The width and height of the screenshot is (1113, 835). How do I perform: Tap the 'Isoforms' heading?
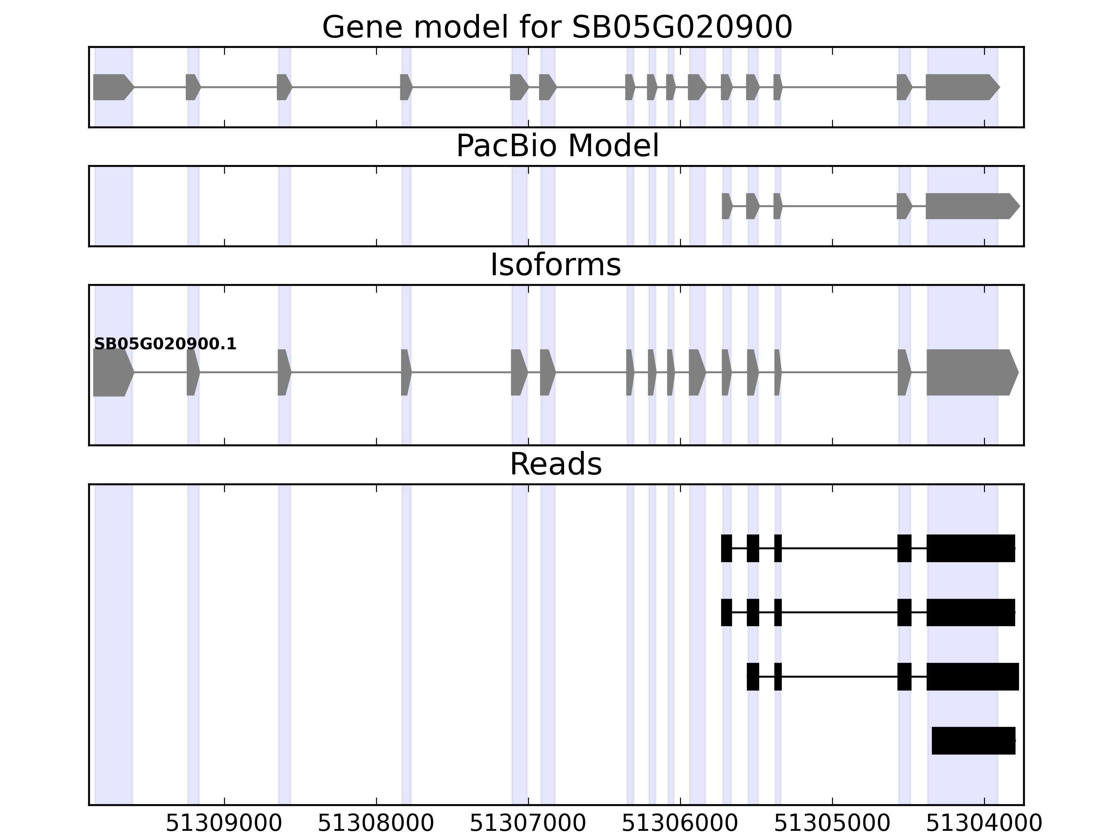(555, 265)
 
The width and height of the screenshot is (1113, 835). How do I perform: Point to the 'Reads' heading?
(555, 464)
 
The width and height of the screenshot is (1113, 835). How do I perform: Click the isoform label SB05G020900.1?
(165, 344)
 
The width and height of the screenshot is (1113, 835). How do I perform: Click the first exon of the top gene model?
(112, 87)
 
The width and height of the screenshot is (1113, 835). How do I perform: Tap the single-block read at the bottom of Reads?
(973, 741)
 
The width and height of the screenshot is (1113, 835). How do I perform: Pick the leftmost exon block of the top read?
(726, 548)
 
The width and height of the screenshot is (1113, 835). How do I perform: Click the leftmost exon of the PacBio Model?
(726, 206)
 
